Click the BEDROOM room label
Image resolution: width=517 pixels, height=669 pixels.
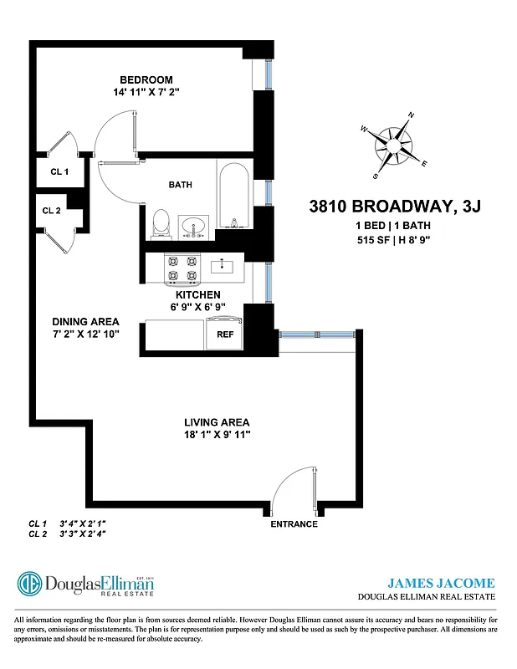click(x=146, y=80)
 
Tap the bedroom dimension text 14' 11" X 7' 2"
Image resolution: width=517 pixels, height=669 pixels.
click(x=146, y=92)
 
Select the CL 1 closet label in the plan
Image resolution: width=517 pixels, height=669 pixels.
click(x=60, y=171)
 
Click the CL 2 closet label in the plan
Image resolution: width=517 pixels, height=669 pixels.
click(x=52, y=211)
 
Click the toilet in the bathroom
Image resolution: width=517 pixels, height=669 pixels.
click(x=161, y=223)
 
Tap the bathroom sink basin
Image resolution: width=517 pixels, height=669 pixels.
click(x=197, y=226)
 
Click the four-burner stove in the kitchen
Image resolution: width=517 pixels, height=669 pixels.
click(x=183, y=268)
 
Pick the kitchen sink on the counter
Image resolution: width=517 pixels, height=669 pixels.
click(x=222, y=267)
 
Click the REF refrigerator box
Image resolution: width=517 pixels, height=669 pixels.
click(x=225, y=334)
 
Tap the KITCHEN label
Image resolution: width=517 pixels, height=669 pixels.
click(x=197, y=295)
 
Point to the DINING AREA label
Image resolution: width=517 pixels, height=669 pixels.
click(x=85, y=322)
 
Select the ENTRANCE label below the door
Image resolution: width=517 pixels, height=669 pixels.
click(x=294, y=524)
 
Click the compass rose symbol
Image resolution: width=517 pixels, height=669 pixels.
click(x=392, y=146)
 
